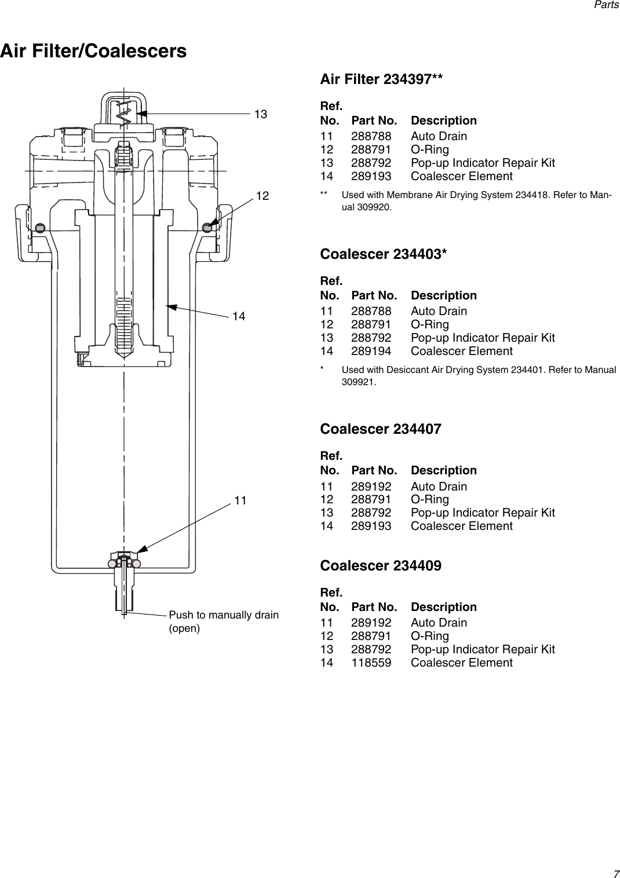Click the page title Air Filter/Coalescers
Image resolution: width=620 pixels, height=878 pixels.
click(x=93, y=51)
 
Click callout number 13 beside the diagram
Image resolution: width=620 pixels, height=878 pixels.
click(x=261, y=115)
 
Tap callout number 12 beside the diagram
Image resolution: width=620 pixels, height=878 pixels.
click(x=262, y=196)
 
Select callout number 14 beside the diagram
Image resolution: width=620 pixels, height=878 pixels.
click(x=239, y=316)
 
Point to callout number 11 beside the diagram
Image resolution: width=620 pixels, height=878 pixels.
click(x=241, y=499)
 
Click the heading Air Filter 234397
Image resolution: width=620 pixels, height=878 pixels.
click(x=382, y=79)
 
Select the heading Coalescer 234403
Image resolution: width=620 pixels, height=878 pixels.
click(x=384, y=254)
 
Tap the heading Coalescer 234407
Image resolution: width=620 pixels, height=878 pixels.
click(x=381, y=429)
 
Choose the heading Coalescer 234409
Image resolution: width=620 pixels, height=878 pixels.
click(x=381, y=565)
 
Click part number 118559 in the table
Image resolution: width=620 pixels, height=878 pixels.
click(x=371, y=663)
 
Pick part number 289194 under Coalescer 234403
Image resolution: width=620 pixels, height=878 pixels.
click(x=371, y=351)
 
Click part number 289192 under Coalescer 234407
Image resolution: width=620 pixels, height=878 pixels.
click(x=371, y=486)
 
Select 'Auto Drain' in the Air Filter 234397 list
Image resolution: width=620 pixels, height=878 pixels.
click(x=439, y=136)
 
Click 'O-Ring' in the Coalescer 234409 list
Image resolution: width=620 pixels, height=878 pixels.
click(x=429, y=636)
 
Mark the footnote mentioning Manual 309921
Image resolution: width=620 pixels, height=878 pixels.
click(x=478, y=376)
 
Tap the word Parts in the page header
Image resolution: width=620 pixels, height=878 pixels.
click(x=607, y=5)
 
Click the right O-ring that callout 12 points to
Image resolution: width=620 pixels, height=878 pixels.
click(x=207, y=228)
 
